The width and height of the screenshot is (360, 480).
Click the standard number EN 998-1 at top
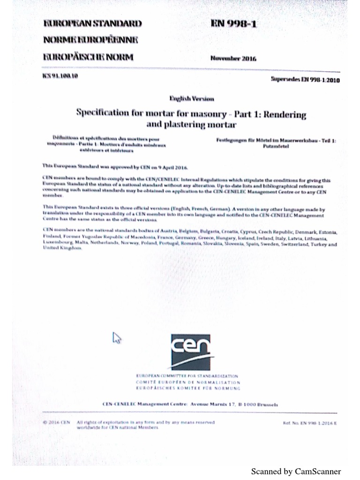coord(233,24)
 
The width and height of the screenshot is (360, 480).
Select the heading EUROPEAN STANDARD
coord(92,23)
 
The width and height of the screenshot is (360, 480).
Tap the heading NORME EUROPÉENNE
coord(90,40)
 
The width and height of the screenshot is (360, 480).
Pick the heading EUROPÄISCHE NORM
coord(88,57)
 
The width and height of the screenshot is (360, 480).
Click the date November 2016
coord(233,59)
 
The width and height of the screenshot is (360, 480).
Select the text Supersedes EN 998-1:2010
coord(305,80)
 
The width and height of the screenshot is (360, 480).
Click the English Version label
coord(191,98)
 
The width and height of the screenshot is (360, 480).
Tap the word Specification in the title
coord(103,113)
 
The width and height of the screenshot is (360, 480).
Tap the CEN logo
coord(190,352)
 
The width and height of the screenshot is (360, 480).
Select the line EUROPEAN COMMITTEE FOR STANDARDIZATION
coord(187,376)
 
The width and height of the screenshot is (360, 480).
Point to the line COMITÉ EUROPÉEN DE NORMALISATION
coord(187,382)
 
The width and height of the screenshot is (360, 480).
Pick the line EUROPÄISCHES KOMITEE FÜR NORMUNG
coord(187,389)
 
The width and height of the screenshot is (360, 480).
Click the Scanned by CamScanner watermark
coord(296,472)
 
